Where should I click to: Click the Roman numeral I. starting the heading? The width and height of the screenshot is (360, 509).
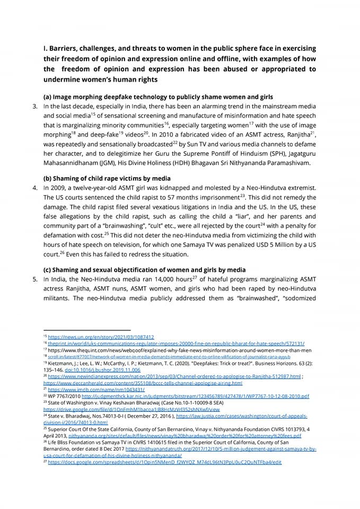click(x=46, y=48)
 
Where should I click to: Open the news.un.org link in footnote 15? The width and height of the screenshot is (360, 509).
click(x=101, y=337)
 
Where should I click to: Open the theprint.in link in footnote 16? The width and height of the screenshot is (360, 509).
click(x=175, y=343)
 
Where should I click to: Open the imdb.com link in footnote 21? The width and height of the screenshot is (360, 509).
click(x=85, y=389)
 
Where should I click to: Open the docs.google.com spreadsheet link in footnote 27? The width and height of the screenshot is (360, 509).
click(x=164, y=462)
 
